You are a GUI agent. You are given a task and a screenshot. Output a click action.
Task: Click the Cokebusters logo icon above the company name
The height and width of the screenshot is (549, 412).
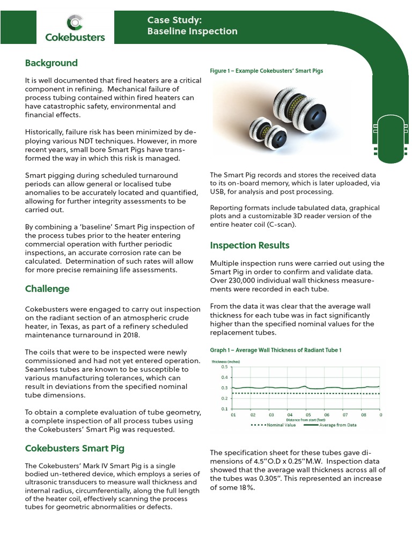pyautogui.click(x=75, y=23)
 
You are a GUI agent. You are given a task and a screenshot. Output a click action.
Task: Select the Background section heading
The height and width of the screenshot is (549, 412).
pyautogui.click(x=51, y=63)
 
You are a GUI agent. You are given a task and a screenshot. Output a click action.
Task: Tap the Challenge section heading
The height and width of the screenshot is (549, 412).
pyautogui.click(x=47, y=289)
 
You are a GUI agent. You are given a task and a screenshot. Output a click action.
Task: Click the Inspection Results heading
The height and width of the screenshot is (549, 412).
pyautogui.click(x=249, y=246)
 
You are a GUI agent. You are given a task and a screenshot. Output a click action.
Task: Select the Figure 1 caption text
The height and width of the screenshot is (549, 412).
pyautogui.click(x=266, y=71)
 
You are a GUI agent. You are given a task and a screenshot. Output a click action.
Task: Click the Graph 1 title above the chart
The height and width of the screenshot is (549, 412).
pyautogui.click(x=276, y=350)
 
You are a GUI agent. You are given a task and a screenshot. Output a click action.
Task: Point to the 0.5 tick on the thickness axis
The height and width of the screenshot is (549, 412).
pyautogui.click(x=224, y=367)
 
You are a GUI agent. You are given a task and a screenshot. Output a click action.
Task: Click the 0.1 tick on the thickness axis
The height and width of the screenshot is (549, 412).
pyautogui.click(x=224, y=409)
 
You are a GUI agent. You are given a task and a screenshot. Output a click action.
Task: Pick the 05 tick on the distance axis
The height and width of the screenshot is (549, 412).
pyautogui.click(x=308, y=415)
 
